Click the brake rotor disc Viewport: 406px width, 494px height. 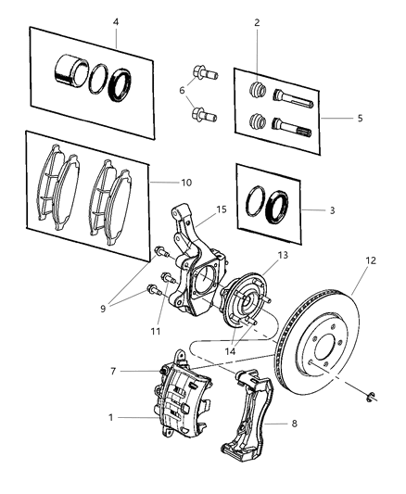(x=320, y=352)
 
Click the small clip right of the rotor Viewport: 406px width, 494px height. (x=369, y=399)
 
